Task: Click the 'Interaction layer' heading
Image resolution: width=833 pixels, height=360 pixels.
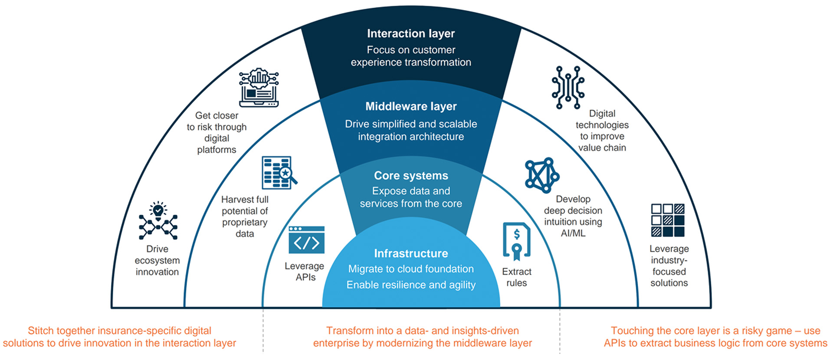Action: point(410,33)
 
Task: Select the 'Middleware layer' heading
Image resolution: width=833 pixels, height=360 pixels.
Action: point(410,106)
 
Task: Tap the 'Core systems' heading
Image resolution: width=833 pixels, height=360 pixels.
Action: point(410,176)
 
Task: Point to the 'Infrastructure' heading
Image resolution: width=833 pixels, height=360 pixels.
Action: point(410,253)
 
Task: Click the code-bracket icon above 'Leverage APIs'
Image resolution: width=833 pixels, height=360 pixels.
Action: point(306,240)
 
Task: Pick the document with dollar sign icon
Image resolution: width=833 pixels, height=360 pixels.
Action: point(516,241)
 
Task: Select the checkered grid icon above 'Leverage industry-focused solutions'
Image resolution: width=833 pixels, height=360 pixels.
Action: point(668,220)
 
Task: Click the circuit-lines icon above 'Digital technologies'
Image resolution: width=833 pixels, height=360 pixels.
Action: point(568,87)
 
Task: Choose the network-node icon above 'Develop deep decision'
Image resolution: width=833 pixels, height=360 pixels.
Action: point(541,175)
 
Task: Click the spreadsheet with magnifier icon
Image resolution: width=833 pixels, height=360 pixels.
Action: point(279,173)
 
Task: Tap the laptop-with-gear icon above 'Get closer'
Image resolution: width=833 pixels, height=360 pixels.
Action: point(259,88)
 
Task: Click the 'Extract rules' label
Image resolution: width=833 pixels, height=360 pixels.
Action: point(516,277)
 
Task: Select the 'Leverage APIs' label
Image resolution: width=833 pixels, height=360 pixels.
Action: point(305,272)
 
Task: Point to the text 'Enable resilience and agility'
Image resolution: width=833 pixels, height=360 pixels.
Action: point(410,285)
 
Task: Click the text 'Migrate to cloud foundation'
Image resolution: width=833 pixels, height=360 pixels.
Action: point(410,269)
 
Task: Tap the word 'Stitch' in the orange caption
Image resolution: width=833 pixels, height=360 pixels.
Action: point(41,331)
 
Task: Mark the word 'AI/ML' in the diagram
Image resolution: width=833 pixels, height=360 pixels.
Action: point(573,233)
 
